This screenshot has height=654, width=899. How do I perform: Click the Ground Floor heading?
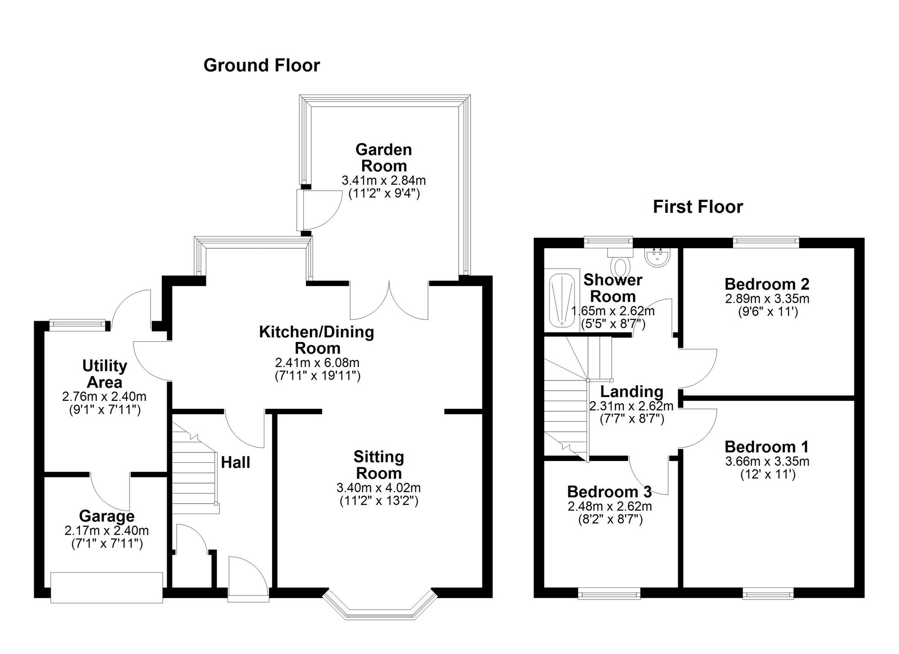point(262,66)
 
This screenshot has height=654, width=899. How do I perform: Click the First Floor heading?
point(698,207)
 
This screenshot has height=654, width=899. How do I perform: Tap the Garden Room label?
point(383,157)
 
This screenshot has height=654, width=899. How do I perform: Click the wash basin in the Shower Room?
point(658,257)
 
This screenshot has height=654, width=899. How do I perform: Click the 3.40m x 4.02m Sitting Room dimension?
point(378,488)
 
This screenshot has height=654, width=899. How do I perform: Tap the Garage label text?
point(107,516)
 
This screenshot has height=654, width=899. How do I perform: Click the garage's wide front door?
point(107,587)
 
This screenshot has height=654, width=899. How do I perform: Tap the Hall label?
point(236,462)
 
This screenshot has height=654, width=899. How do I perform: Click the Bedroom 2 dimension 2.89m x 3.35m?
point(767,298)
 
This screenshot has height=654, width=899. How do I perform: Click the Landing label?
point(632,392)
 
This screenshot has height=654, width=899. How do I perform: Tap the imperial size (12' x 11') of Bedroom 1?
point(768,475)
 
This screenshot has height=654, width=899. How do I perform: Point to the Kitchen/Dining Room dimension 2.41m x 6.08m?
point(317,363)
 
